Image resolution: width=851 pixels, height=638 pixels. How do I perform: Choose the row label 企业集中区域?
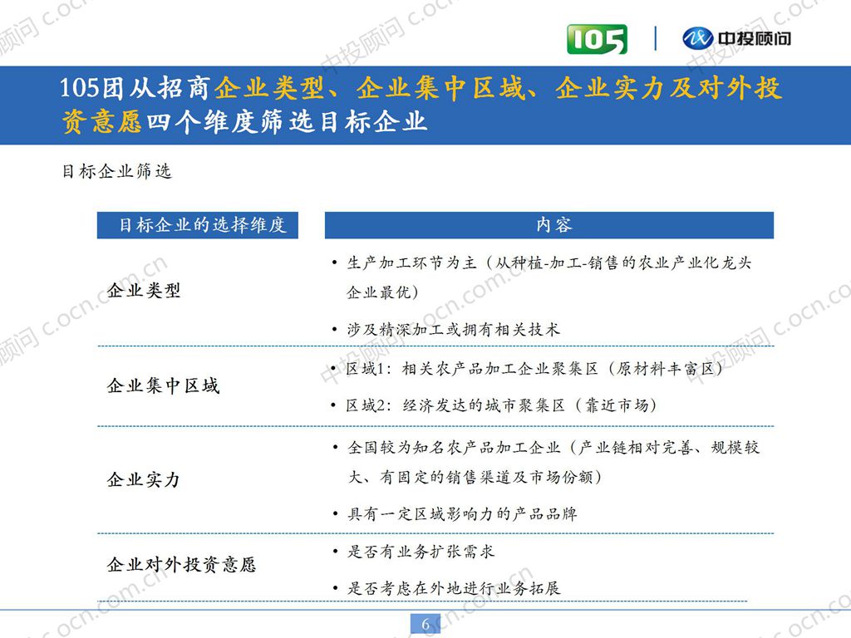click(x=163, y=386)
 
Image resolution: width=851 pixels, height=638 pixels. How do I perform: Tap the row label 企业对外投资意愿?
click(x=181, y=566)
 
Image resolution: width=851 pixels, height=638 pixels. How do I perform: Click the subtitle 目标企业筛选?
click(x=116, y=172)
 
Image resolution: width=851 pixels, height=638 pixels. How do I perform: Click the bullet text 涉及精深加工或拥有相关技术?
click(x=453, y=330)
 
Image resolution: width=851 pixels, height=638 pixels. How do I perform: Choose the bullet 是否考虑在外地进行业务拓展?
click(x=453, y=588)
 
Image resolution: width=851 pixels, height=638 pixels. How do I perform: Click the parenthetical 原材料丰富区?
click(x=666, y=369)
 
